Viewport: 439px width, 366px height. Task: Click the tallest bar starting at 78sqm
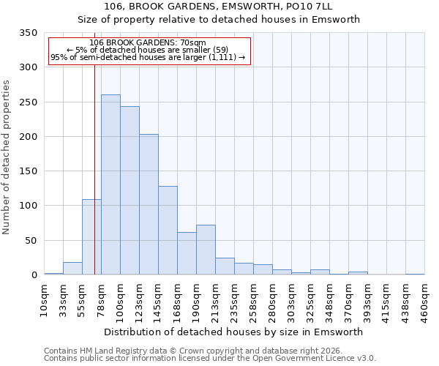(110, 184)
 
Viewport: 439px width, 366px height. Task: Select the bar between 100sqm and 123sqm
(130, 190)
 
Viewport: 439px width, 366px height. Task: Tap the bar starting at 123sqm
(149, 204)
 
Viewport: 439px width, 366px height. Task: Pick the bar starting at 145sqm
(168, 231)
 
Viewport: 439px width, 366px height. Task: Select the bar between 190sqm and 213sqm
(206, 250)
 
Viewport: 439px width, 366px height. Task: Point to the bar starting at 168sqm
(187, 253)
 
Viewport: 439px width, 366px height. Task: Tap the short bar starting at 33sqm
(72, 269)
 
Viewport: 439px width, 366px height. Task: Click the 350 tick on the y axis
(29, 33)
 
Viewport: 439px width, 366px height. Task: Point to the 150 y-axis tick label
(29, 171)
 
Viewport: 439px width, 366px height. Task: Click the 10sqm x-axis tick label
(45, 299)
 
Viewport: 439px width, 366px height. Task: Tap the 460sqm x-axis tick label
(425, 299)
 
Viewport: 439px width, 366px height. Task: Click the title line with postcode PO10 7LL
(219, 6)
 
